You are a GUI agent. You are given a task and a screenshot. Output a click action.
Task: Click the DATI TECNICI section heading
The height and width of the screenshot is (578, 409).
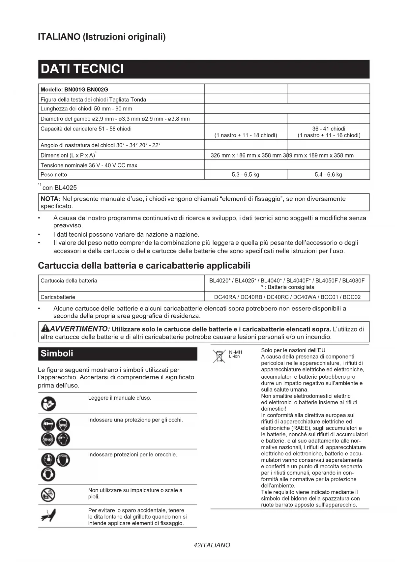coord(82,69)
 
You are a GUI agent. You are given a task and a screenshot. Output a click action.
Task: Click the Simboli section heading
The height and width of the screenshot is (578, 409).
coord(57,354)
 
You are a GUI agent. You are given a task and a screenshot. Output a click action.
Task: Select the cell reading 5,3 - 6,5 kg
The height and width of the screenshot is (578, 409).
coord(245,175)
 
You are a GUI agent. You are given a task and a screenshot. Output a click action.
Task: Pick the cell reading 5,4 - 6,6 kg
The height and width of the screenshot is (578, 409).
coord(328,175)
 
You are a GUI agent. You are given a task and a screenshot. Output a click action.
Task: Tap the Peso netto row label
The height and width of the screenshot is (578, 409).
coord(54,175)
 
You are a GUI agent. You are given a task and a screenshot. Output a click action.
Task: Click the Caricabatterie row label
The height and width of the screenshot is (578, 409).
coord(58,297)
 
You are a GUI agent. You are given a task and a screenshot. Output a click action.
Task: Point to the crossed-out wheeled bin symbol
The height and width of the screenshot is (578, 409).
coord(219,356)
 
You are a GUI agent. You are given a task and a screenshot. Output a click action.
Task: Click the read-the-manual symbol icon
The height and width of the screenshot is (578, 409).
coord(48,403)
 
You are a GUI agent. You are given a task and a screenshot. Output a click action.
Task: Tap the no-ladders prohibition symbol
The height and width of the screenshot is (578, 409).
coord(48,495)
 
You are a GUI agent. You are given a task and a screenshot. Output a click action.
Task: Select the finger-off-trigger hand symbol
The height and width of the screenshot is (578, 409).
coord(48,516)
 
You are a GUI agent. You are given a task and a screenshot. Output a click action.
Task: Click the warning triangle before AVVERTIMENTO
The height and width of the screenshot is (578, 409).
coord(45,329)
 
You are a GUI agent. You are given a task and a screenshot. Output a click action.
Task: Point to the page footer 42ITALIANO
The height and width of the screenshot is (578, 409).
coord(212,545)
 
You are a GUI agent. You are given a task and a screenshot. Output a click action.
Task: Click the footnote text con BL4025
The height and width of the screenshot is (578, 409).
coord(59,188)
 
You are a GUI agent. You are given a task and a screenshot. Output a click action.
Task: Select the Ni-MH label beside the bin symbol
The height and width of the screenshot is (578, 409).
coord(235,352)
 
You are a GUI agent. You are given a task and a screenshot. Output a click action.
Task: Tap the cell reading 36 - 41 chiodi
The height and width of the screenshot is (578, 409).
coord(329,129)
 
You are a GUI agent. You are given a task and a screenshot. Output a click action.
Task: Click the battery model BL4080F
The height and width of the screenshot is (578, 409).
coord(353,281)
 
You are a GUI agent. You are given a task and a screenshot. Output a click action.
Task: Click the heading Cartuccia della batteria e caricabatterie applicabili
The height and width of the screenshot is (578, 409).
coord(144,266)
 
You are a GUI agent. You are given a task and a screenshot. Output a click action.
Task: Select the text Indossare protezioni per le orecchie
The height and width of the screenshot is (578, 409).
coord(132,455)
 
